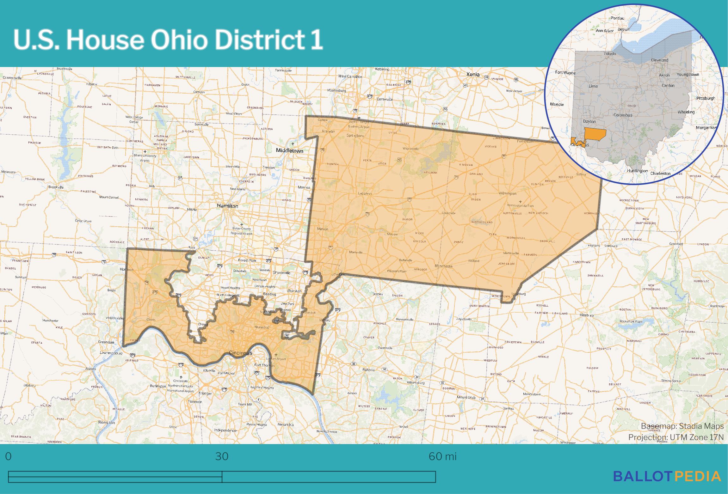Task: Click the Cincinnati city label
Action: pos(240,353)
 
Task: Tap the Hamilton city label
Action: pos(227,206)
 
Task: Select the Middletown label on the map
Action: pos(289,151)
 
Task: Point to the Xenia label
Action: pos(473,75)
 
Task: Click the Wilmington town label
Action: pos(507,193)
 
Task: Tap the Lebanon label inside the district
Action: pos(365,193)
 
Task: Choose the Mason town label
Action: pos(323,229)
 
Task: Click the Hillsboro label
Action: pos(586,315)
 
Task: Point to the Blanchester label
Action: pos(444,266)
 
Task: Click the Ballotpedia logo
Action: pos(667,476)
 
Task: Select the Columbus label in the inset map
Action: pos(623,115)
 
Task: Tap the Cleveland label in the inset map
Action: pos(659,60)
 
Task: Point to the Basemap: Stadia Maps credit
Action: pos(682,426)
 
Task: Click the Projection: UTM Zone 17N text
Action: pos(676,437)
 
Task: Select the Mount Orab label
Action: pos(466,397)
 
